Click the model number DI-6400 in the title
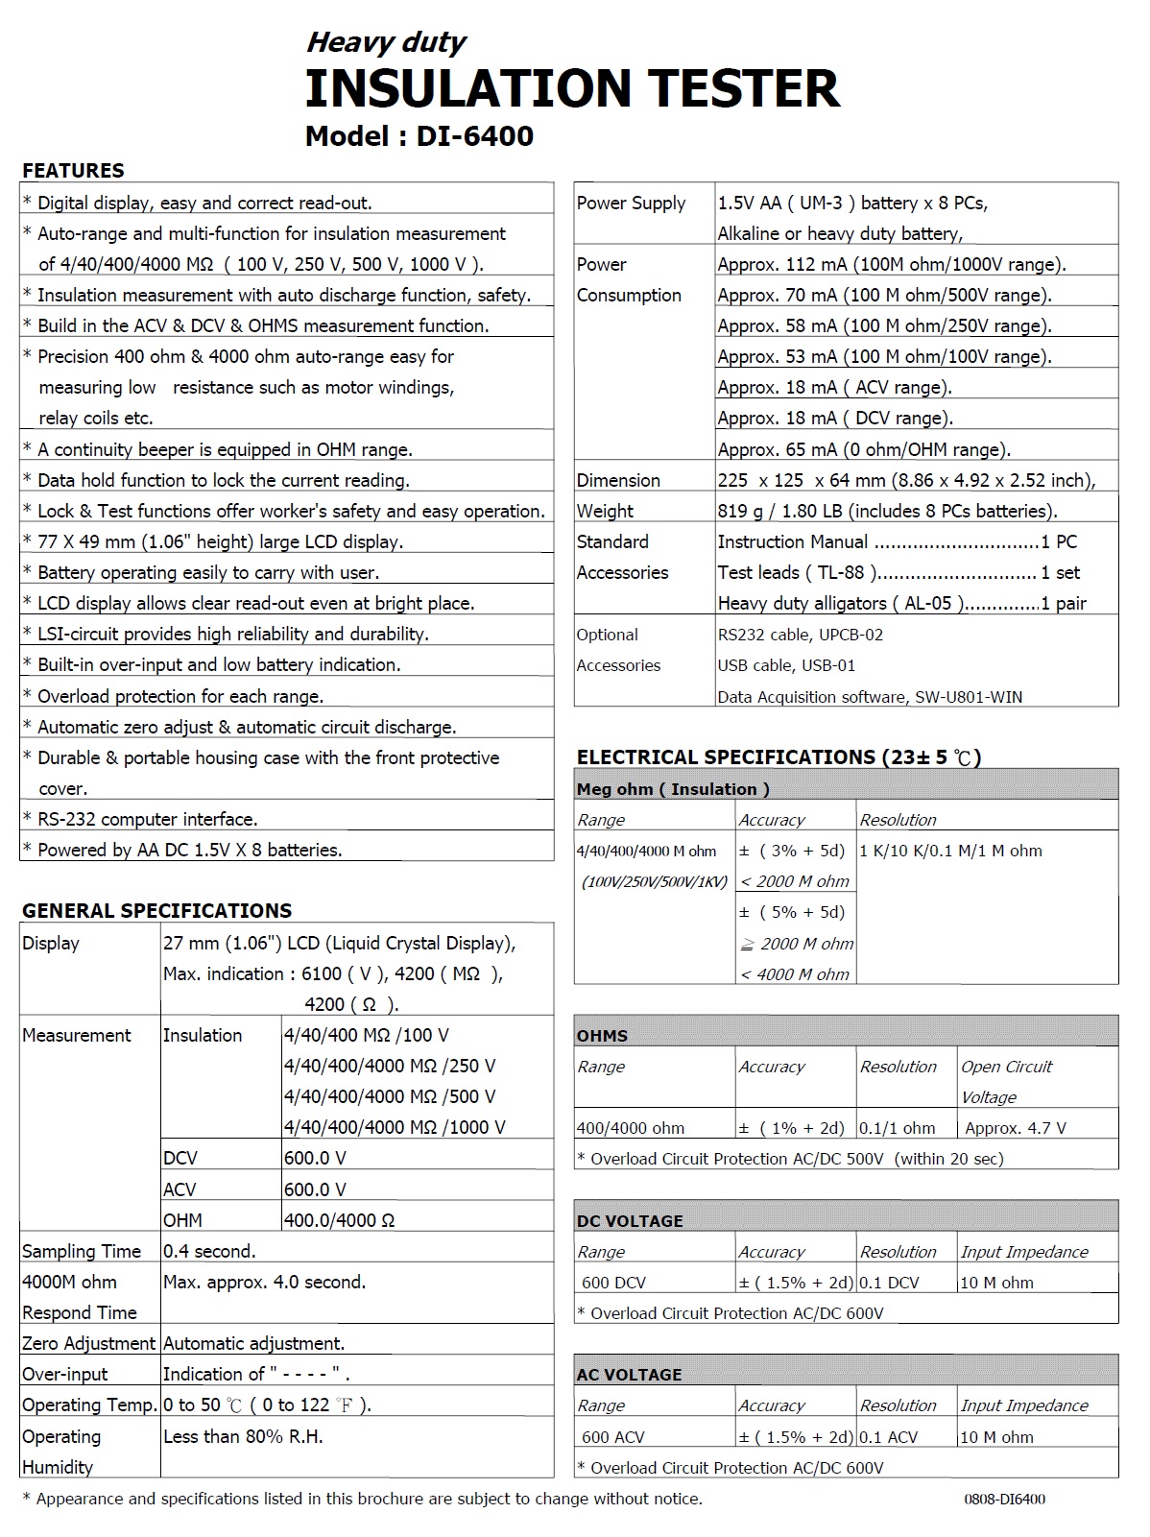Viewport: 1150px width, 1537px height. pos(474,136)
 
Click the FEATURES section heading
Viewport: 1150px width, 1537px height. pos(73,171)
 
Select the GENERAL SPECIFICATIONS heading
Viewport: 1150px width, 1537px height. pos(156,910)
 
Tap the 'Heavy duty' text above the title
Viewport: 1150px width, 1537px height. pos(386,42)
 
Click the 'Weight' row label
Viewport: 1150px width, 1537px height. pos(605,511)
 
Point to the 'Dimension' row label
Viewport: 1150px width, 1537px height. pos(618,480)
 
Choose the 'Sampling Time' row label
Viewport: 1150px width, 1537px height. pos(82,1251)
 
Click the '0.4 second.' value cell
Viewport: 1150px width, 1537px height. pos(209,1251)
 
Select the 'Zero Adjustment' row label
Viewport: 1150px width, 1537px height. pos(88,1343)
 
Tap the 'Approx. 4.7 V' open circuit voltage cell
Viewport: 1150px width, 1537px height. pos(1016,1128)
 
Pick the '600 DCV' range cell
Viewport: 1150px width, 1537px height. pos(613,1283)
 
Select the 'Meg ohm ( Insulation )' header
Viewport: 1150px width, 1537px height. pos(673,789)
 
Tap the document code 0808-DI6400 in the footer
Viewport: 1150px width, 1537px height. pos(1004,1499)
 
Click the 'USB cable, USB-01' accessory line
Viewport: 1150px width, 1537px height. pos(786,665)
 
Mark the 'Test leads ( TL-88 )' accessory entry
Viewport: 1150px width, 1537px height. pos(797,573)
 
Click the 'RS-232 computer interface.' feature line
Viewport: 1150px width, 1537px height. pos(147,819)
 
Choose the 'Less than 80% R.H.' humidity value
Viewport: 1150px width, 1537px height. pos(243,1436)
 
